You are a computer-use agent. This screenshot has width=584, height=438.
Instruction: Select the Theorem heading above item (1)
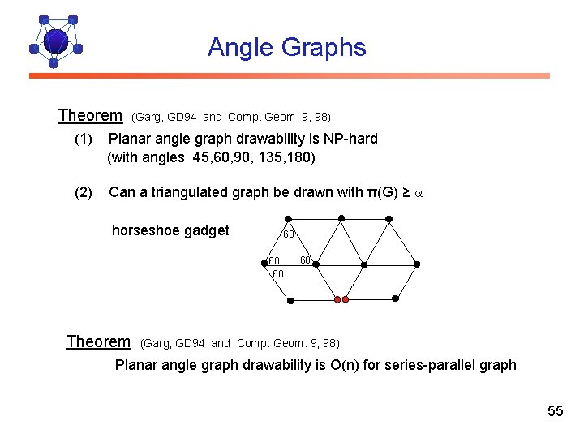tap(90, 116)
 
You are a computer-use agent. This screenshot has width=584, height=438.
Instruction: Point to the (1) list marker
tap(84, 139)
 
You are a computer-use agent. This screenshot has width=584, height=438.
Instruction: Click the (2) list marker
tap(84, 192)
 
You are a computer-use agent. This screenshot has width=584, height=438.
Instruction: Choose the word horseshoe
tap(146, 230)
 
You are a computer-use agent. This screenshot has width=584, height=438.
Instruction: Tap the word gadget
tap(207, 230)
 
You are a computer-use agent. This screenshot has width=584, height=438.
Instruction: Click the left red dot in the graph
tap(337, 299)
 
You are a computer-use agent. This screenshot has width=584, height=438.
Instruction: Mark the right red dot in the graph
tap(346, 299)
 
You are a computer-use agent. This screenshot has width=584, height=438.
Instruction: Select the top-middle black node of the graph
tap(341, 217)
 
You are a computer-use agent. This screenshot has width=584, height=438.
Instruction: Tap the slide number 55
tap(555, 411)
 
